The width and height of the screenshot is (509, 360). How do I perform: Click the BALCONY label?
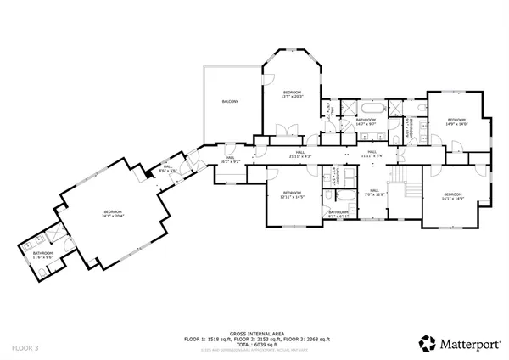tap(230, 102)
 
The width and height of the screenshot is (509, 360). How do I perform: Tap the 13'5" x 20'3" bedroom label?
tap(292, 93)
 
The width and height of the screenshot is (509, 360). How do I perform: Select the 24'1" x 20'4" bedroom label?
tap(114, 213)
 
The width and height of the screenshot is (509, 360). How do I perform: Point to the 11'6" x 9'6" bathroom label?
tap(43, 255)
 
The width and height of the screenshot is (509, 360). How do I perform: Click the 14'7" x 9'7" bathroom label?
tap(366, 121)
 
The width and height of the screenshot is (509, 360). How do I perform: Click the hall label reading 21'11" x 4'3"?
tap(301, 155)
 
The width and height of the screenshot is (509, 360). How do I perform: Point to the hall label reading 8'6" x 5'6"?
tap(168, 168)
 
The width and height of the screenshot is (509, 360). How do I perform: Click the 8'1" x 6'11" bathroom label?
tap(339, 213)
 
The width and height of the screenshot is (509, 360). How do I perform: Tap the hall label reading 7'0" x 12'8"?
tap(374, 193)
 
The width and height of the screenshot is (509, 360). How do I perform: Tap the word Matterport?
tap(467, 344)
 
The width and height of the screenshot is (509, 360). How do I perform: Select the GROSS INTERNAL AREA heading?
tap(254, 331)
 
